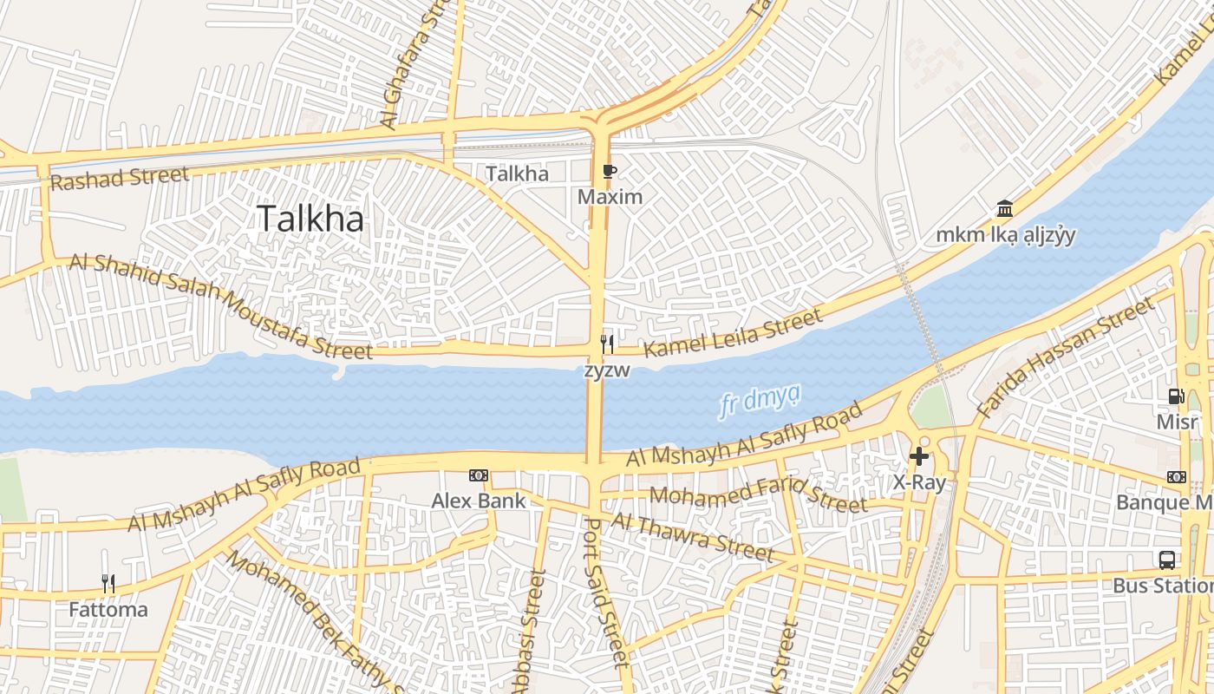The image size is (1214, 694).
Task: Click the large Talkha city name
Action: click(310, 219)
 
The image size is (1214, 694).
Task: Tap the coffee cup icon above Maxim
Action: click(610, 171)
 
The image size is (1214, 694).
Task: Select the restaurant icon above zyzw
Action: click(607, 344)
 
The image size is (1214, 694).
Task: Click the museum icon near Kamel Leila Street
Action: click(1005, 208)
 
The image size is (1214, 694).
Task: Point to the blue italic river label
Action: click(760, 401)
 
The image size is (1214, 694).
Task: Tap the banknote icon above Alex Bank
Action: click(478, 475)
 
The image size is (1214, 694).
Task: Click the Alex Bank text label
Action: click(479, 501)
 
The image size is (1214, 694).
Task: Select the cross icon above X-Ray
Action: click(919, 456)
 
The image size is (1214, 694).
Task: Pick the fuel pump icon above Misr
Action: click(1176, 396)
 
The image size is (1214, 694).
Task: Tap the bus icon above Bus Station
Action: click(1167, 560)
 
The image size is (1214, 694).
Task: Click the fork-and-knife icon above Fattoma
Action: click(108, 584)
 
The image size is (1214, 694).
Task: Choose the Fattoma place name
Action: click(108, 610)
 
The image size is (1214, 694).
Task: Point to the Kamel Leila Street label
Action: click(734, 334)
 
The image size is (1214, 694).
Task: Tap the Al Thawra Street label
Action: click(692, 536)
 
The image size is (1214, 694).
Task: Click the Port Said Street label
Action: click(604, 592)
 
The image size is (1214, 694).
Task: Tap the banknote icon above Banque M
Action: click(1177, 476)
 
